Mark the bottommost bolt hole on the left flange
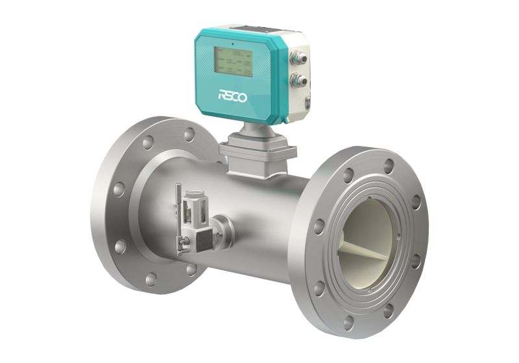[x=151, y=279]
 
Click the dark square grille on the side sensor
[x=206, y=237]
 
